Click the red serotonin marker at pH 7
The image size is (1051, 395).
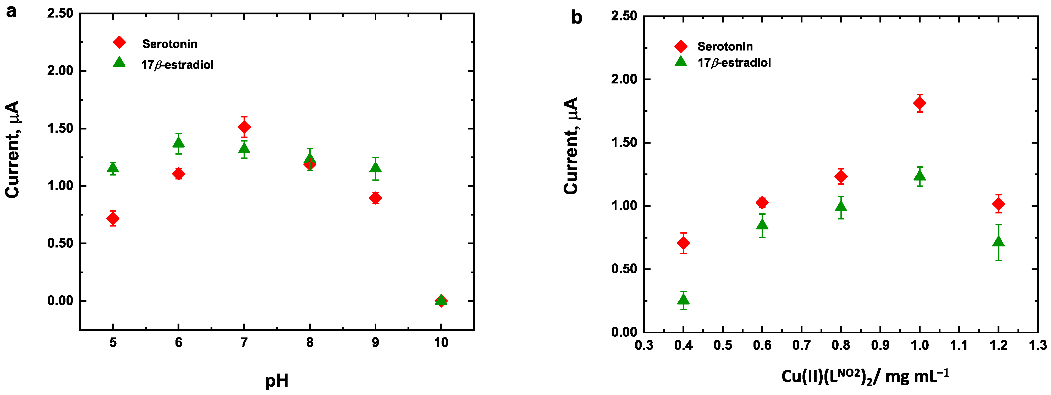244,127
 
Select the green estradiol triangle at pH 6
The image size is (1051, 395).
178,142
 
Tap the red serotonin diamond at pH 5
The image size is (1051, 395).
113,218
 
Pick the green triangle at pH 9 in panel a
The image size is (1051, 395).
375,167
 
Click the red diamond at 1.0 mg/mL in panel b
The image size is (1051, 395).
919,103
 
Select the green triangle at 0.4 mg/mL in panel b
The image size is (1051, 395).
683,300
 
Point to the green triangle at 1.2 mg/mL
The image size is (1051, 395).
998,241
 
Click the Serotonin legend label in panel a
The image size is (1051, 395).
169,44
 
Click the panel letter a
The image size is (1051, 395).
11,11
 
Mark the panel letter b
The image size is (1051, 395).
576,18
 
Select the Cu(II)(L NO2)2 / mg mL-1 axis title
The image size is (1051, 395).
865,376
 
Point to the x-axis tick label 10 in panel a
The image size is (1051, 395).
441,342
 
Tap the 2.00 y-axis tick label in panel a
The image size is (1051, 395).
60,71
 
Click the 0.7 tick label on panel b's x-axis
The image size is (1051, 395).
801,346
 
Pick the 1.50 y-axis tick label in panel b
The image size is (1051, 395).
624,143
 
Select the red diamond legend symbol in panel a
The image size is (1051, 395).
119,42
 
